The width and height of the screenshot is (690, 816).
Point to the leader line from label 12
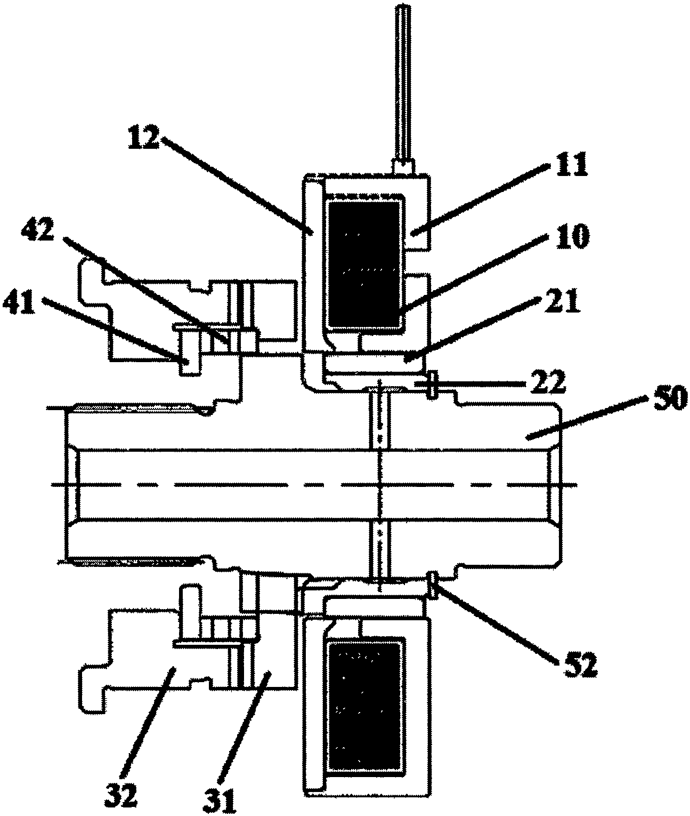[x=236, y=185]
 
